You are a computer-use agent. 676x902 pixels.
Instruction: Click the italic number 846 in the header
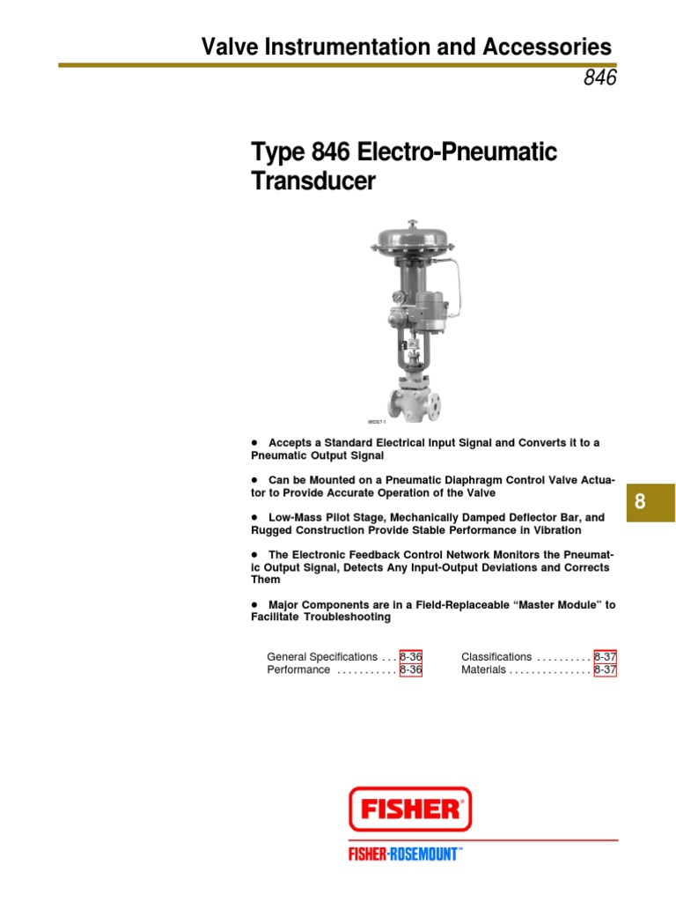(599, 78)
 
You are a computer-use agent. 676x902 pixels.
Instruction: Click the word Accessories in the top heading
(544, 47)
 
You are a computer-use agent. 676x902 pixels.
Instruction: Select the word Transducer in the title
(313, 181)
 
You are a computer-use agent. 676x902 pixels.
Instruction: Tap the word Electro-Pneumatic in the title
(457, 152)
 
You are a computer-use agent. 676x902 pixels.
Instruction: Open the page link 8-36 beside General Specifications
(411, 656)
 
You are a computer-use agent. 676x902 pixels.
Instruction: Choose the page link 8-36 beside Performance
(411, 669)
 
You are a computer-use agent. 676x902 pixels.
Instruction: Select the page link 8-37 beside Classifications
(606, 656)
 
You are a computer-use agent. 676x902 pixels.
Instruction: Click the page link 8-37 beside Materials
(606, 669)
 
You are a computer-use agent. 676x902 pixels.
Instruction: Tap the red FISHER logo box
(410, 809)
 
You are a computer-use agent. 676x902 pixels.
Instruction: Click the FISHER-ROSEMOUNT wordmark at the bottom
(405, 854)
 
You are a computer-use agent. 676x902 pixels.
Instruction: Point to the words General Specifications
(322, 657)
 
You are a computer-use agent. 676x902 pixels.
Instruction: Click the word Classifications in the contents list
(496, 657)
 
